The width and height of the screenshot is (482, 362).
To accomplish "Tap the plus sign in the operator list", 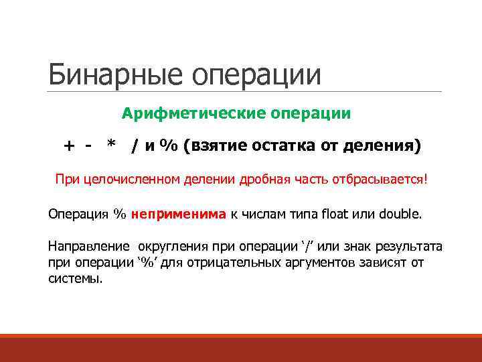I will [68, 145].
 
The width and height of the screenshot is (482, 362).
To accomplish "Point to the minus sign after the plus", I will [88, 145].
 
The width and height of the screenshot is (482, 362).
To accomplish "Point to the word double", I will [400, 215].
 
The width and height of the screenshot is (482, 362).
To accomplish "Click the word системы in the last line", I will [75, 278].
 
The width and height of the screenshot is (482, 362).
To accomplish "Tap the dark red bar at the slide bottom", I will [241, 348].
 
